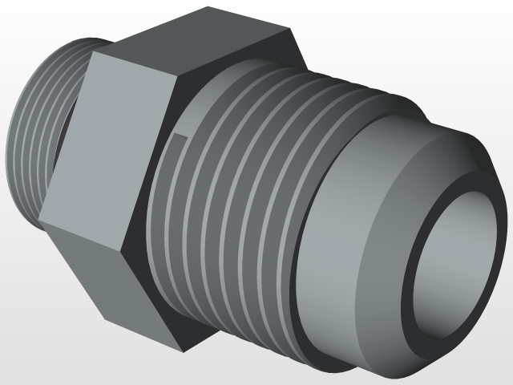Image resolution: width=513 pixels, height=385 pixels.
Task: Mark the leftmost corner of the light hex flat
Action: click(x=40, y=221)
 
